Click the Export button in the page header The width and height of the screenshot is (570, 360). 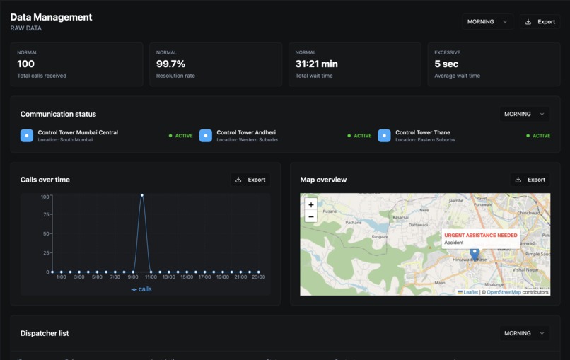tap(540, 22)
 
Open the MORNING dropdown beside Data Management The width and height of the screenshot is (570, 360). tap(487, 22)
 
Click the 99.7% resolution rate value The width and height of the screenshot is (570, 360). tap(170, 64)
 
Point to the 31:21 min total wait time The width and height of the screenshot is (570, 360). tap(316, 64)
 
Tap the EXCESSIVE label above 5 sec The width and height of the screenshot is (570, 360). tap(447, 52)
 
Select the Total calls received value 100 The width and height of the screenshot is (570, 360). tap(25, 64)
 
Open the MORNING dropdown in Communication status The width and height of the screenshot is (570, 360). tap(524, 114)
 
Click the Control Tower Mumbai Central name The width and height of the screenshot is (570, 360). tap(78, 132)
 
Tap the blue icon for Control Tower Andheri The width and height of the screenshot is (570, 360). tap(206, 135)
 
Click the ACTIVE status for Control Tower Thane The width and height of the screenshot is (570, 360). tap(541, 136)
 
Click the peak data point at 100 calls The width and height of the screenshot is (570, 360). tap(142, 195)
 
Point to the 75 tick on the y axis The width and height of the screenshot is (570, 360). tap(45, 215)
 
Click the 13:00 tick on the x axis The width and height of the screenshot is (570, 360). tap(168, 277)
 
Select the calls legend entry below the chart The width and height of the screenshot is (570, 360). tap(141, 289)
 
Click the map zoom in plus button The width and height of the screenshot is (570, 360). tap(311, 204)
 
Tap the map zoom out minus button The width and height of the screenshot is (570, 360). tap(311, 216)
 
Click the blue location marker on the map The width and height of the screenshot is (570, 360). tap(475, 253)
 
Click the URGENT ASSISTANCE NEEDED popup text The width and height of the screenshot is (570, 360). tap(480, 235)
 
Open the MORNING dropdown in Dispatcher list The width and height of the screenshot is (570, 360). tap(524, 333)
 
